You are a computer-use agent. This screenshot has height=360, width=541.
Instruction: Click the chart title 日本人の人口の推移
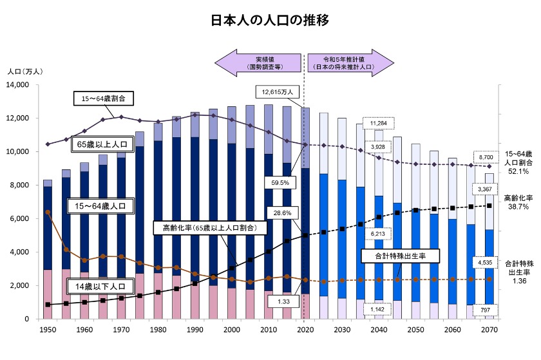click(x=270, y=20)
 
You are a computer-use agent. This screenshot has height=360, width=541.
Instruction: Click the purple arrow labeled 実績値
click(x=258, y=62)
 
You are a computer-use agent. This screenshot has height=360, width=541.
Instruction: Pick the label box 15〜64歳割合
click(x=103, y=99)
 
